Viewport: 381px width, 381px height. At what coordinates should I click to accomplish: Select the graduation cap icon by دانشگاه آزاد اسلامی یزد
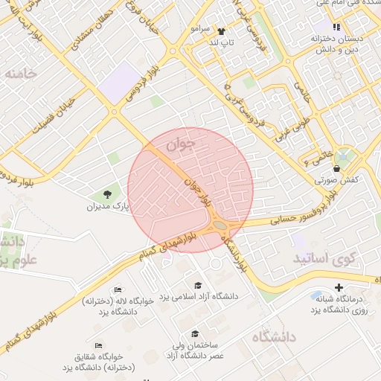coord(198,286)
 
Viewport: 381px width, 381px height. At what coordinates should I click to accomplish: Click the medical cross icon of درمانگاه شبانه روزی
coord(339,286)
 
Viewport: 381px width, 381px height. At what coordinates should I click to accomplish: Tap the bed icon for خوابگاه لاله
coord(118,290)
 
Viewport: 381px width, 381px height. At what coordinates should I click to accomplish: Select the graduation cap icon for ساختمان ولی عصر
coord(195,334)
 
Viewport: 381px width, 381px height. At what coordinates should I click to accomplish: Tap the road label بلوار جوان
coord(200,190)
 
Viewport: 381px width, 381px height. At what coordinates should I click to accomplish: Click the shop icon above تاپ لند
coord(221,31)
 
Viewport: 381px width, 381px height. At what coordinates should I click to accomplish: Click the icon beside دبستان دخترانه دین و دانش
coord(336,27)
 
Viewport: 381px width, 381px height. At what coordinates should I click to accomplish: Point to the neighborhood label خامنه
coord(19,74)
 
